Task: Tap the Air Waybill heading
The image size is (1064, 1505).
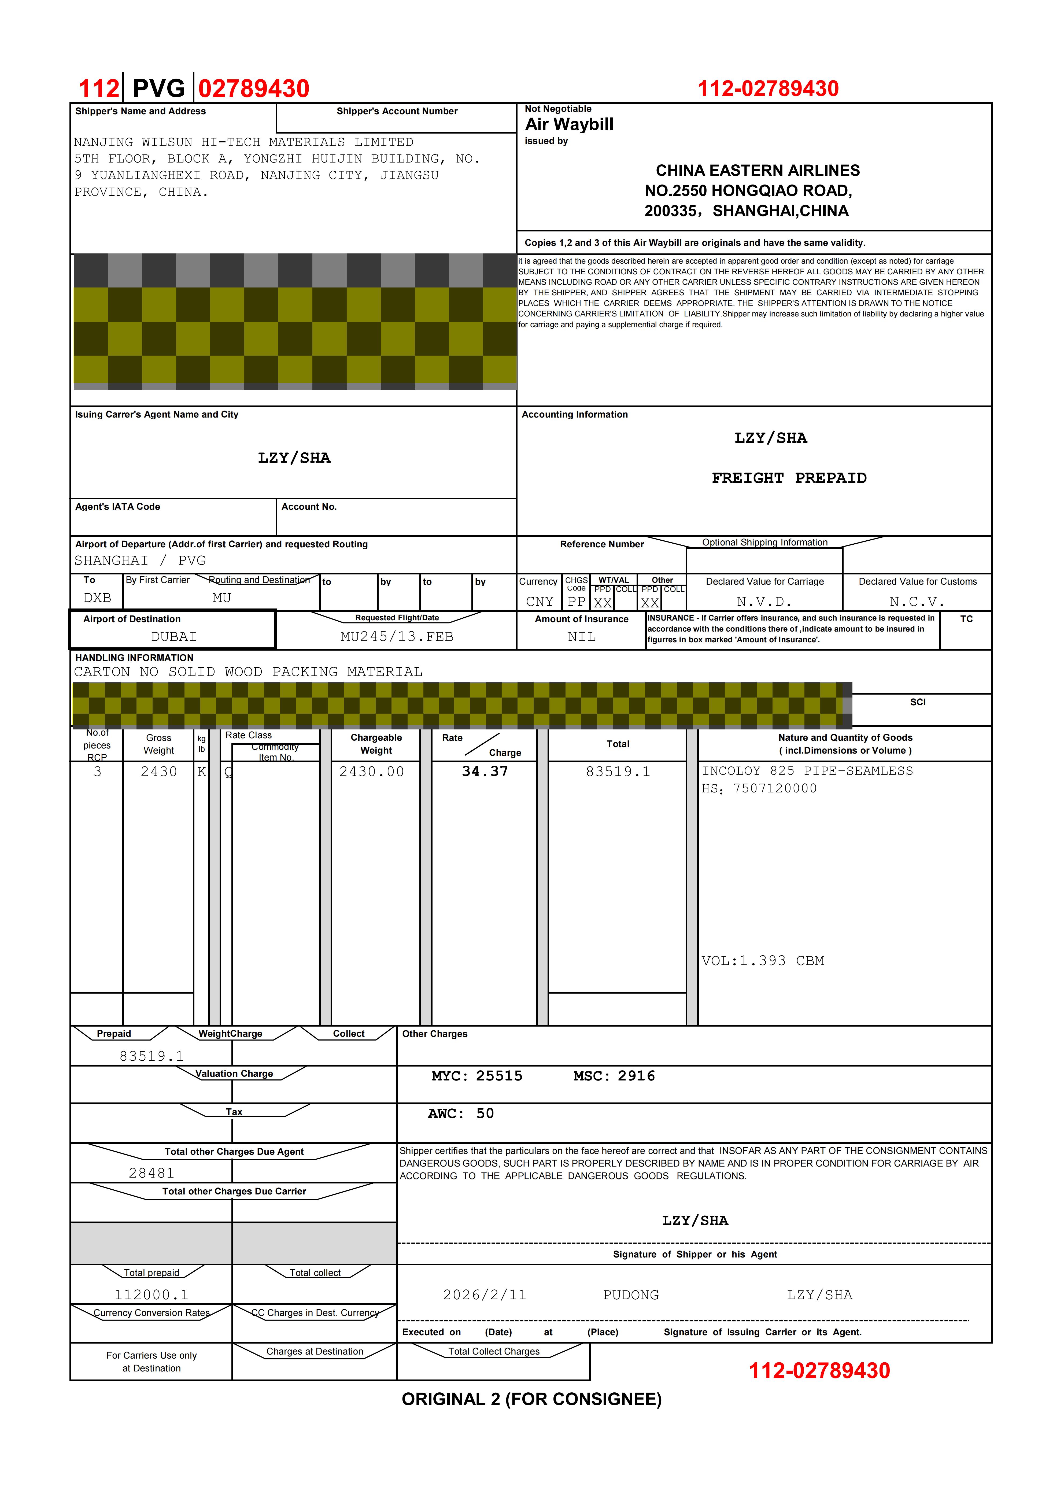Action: [x=569, y=124]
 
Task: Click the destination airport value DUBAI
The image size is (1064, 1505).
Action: [x=174, y=636]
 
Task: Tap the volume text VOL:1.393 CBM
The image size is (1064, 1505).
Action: [x=762, y=961]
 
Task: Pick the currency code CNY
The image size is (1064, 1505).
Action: [x=540, y=602]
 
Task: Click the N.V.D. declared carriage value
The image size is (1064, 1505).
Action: [x=764, y=602]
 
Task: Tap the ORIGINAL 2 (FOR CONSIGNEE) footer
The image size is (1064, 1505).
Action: [x=532, y=1399]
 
